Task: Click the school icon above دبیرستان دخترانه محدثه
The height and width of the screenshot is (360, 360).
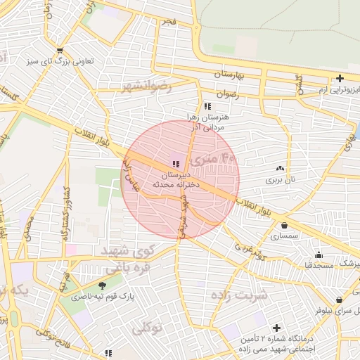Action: click(x=175, y=165)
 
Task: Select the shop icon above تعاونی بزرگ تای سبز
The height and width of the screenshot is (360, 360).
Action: click(x=60, y=50)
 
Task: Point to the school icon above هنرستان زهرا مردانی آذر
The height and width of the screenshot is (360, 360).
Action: click(x=206, y=106)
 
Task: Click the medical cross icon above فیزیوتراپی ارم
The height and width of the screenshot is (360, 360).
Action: click(x=340, y=79)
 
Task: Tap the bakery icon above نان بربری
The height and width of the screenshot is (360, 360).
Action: click(x=281, y=168)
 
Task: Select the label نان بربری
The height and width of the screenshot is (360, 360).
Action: click(x=281, y=180)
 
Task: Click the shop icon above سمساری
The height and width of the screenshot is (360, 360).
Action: click(x=284, y=226)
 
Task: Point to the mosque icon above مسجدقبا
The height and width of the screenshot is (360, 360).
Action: click(x=319, y=255)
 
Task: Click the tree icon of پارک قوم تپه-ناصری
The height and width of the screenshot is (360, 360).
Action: click(x=102, y=285)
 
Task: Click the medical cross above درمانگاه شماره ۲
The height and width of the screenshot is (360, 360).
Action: click(x=276, y=328)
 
